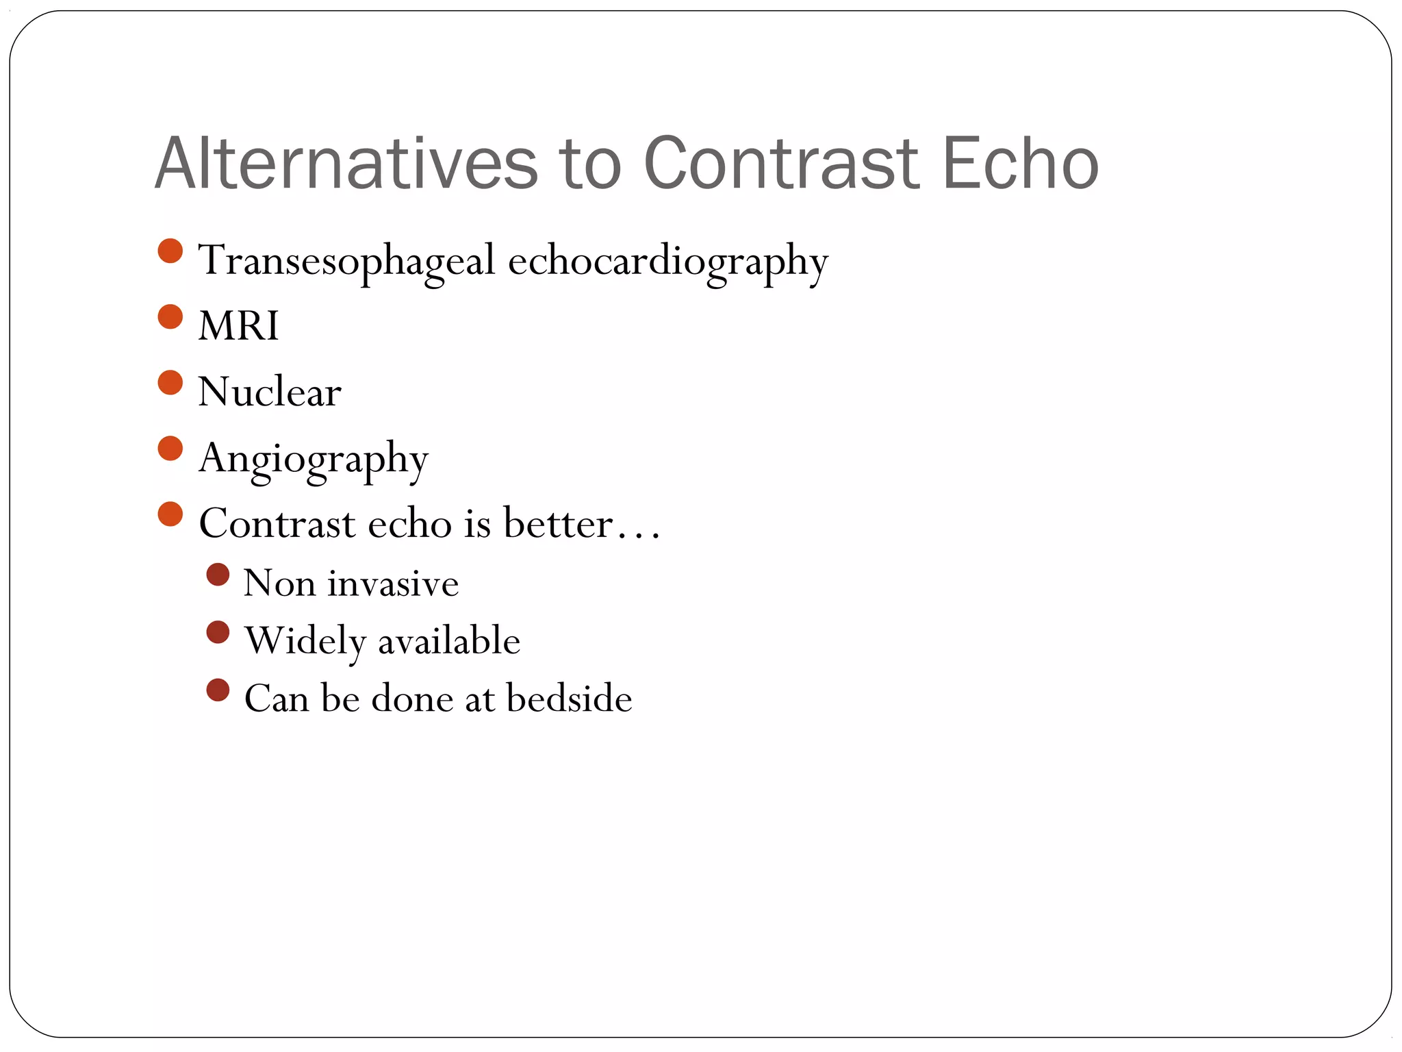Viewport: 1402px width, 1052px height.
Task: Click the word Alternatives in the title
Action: [x=346, y=164]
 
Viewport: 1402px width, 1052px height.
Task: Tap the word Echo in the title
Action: [x=1020, y=164]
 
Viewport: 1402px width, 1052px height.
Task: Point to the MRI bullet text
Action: [x=238, y=325]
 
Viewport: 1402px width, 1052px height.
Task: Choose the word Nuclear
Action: [x=270, y=392]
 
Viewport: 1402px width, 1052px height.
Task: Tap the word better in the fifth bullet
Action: [x=557, y=524]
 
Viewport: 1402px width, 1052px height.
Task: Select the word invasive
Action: [x=393, y=584]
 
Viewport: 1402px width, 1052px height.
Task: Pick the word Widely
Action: [x=306, y=642]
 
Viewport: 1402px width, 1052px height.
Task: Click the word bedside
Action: [x=569, y=699]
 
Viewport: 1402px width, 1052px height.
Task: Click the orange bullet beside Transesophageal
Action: [x=170, y=251]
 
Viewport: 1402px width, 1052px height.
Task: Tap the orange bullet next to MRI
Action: [x=170, y=316]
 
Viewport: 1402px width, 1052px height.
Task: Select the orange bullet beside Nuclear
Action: [x=170, y=383]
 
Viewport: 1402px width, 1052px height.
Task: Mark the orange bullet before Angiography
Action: [x=170, y=449]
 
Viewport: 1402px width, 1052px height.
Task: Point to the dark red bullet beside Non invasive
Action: [x=218, y=575]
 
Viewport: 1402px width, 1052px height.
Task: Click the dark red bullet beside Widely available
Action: [x=218, y=632]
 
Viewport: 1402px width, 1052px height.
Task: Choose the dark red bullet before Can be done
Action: [x=218, y=690]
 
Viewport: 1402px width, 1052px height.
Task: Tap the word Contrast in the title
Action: [x=781, y=164]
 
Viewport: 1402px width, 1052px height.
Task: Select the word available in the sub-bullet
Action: [x=449, y=642]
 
